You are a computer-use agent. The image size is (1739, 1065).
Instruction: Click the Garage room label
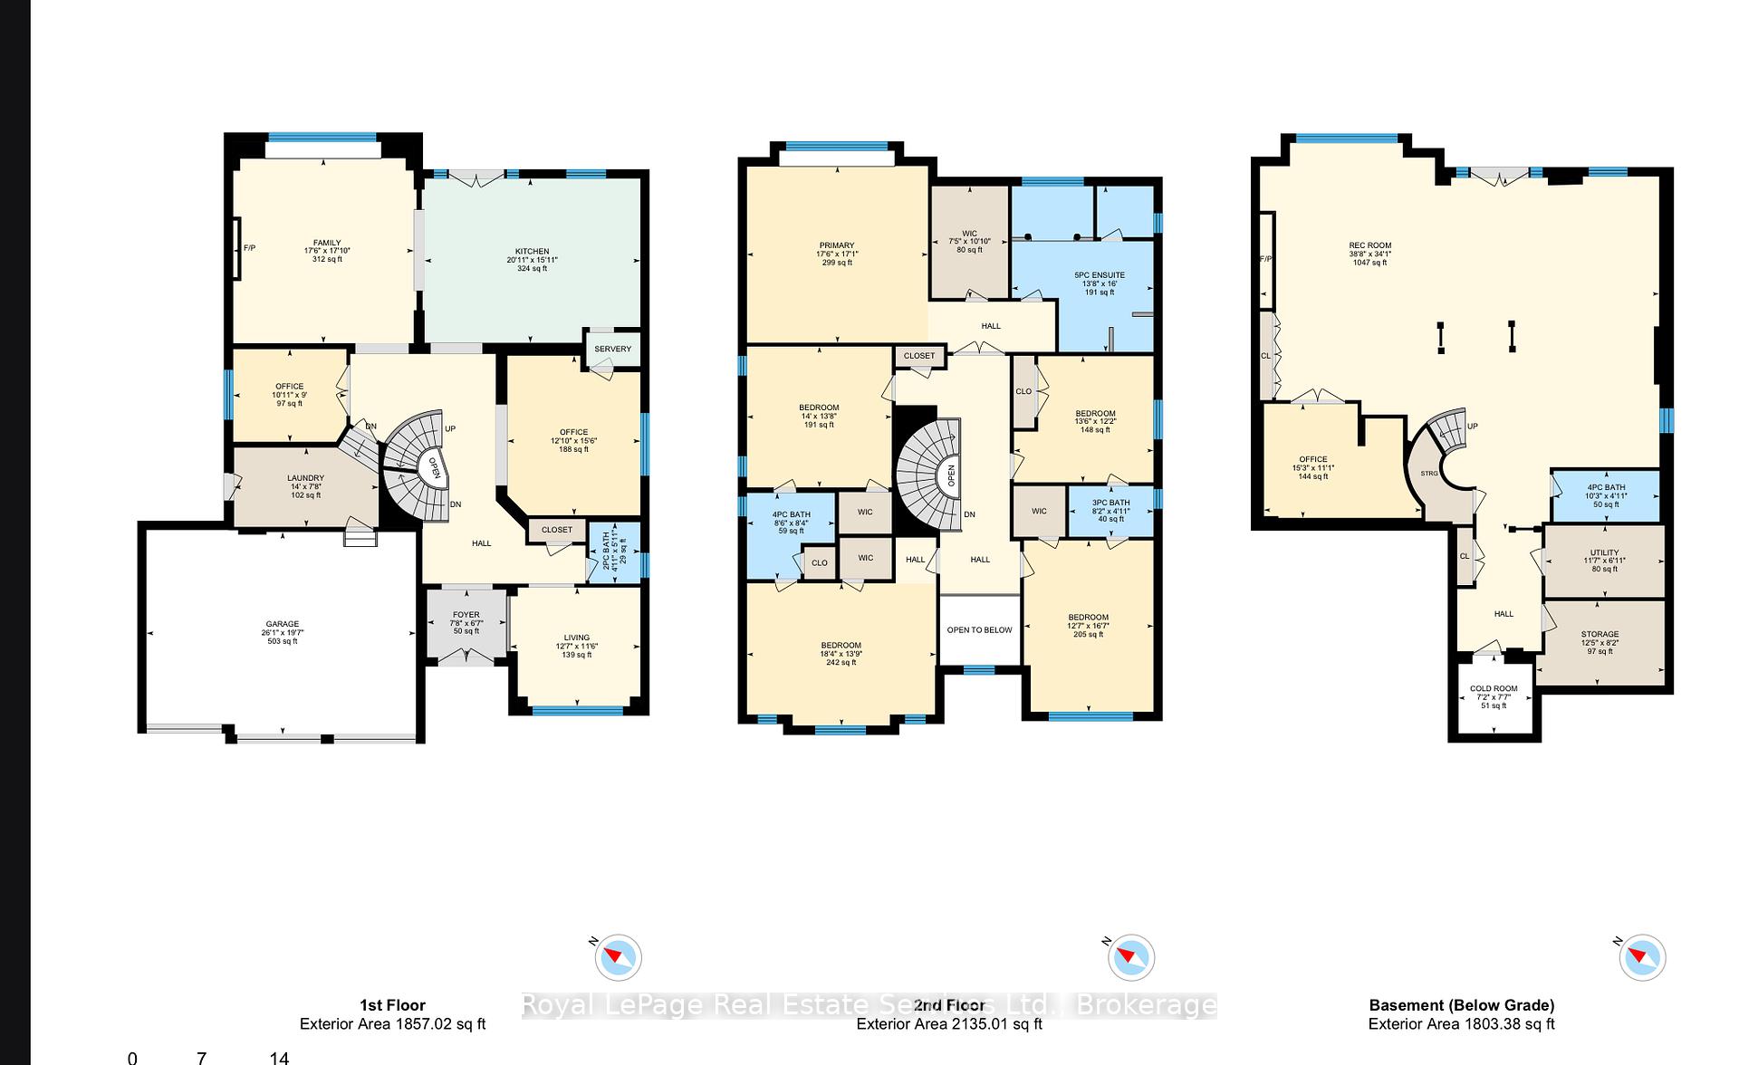tap(283, 624)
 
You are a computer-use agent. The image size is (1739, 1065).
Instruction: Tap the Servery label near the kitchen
tap(612, 349)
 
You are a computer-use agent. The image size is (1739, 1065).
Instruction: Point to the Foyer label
tap(466, 615)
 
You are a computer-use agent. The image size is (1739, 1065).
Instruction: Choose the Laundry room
tap(305, 478)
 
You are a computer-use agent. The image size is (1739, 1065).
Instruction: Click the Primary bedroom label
tap(836, 245)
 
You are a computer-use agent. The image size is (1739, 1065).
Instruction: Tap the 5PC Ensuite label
tap(1099, 275)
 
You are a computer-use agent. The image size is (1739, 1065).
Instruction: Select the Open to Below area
tap(979, 629)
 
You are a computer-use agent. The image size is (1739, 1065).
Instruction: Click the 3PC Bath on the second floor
tap(1110, 503)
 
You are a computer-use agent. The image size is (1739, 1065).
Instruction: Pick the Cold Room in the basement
tap(1493, 689)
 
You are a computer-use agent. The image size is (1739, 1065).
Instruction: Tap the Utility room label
tap(1603, 552)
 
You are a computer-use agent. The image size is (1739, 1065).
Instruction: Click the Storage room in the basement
tap(1600, 635)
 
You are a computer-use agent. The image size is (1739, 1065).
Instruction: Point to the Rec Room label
tap(1369, 245)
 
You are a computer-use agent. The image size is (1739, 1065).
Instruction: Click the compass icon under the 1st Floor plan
tap(619, 957)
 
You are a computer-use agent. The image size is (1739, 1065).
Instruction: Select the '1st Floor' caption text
tap(392, 1004)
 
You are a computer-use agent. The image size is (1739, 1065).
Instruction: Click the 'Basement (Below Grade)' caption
tap(1461, 1004)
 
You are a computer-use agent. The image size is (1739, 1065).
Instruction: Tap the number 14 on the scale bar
tap(278, 1057)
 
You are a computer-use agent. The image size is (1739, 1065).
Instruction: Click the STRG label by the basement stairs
tap(1428, 474)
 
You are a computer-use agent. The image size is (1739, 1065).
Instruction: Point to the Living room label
tap(576, 638)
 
